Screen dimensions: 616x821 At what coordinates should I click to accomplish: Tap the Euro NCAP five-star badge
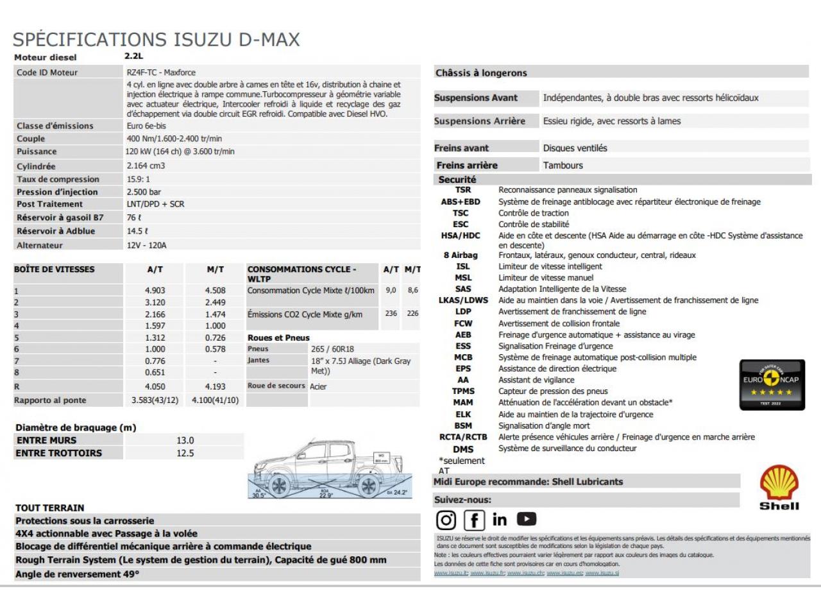coord(772,384)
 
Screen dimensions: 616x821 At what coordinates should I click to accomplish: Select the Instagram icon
coord(446,520)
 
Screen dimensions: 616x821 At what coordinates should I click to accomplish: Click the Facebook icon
coord(474,520)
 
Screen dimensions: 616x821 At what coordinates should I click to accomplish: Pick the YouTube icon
coord(527,518)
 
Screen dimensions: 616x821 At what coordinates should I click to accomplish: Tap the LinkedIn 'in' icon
coord(500,520)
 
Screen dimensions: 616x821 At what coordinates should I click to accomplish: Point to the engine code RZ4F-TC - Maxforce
coord(161,73)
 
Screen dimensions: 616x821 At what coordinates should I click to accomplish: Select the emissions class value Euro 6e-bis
coord(146,126)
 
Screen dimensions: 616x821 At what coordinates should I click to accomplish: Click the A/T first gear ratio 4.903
coord(155,291)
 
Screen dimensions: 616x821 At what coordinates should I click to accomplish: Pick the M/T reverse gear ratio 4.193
coord(215,386)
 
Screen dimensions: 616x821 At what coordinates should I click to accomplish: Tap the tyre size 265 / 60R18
coord(332,349)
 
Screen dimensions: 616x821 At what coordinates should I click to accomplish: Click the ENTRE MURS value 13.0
coord(185,440)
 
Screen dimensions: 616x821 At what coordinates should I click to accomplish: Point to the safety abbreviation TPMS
coord(463,391)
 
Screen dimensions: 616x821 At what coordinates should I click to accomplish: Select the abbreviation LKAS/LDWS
coord(463,300)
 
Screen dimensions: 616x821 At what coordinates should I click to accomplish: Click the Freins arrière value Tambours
coord(563,165)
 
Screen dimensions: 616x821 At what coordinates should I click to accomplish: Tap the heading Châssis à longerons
coord(481,73)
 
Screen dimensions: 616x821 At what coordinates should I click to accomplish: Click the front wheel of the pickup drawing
coord(279,486)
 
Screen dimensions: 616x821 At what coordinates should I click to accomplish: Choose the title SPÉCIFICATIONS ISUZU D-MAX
coord(157,40)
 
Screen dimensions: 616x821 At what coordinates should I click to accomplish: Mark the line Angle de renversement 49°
coord(77,574)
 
